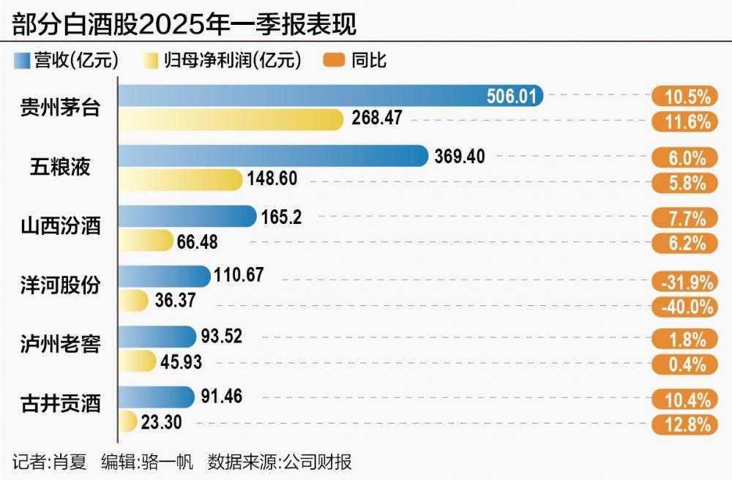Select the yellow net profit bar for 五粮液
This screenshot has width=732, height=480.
point(180,180)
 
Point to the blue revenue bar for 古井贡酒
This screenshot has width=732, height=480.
point(157,397)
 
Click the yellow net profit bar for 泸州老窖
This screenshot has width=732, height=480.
point(138,361)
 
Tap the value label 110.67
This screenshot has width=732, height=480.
point(239,276)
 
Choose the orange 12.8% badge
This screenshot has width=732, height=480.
point(682,424)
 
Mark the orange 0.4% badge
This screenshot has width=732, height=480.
point(682,364)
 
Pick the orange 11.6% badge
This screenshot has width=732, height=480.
point(682,121)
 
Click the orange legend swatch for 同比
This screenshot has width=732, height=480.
point(334,61)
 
